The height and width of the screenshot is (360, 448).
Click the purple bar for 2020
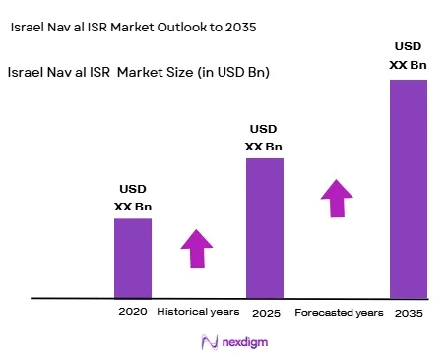pyautogui.click(x=133, y=259)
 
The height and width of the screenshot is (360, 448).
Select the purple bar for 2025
pyautogui.click(x=265, y=228)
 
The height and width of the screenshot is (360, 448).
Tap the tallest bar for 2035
pyautogui.click(x=409, y=189)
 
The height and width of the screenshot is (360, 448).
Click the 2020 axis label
pyautogui.click(x=133, y=311)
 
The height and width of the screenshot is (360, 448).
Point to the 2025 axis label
pyautogui.click(x=266, y=313)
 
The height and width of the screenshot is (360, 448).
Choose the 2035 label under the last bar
pyautogui.click(x=409, y=313)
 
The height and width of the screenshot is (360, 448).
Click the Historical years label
pyautogui.click(x=198, y=312)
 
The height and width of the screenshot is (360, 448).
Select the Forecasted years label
pyautogui.click(x=339, y=313)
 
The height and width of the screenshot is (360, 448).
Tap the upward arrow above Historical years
pyautogui.click(x=197, y=248)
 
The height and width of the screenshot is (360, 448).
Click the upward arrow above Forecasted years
pyautogui.click(x=337, y=199)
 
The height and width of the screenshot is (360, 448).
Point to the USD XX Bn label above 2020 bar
pyautogui.click(x=133, y=198)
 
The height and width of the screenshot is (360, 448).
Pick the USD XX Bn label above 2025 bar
pyautogui.click(x=264, y=138)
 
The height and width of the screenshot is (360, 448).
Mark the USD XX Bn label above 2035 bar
pyautogui.click(x=408, y=55)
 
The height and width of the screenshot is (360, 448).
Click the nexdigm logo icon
pyautogui.click(x=210, y=342)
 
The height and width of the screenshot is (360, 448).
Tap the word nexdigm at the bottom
pyautogui.click(x=245, y=342)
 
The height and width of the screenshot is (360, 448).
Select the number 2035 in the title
pyautogui.click(x=240, y=27)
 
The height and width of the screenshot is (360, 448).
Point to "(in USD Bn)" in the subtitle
pyautogui.click(x=233, y=72)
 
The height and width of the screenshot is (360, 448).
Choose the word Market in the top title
pyautogui.click(x=132, y=27)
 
